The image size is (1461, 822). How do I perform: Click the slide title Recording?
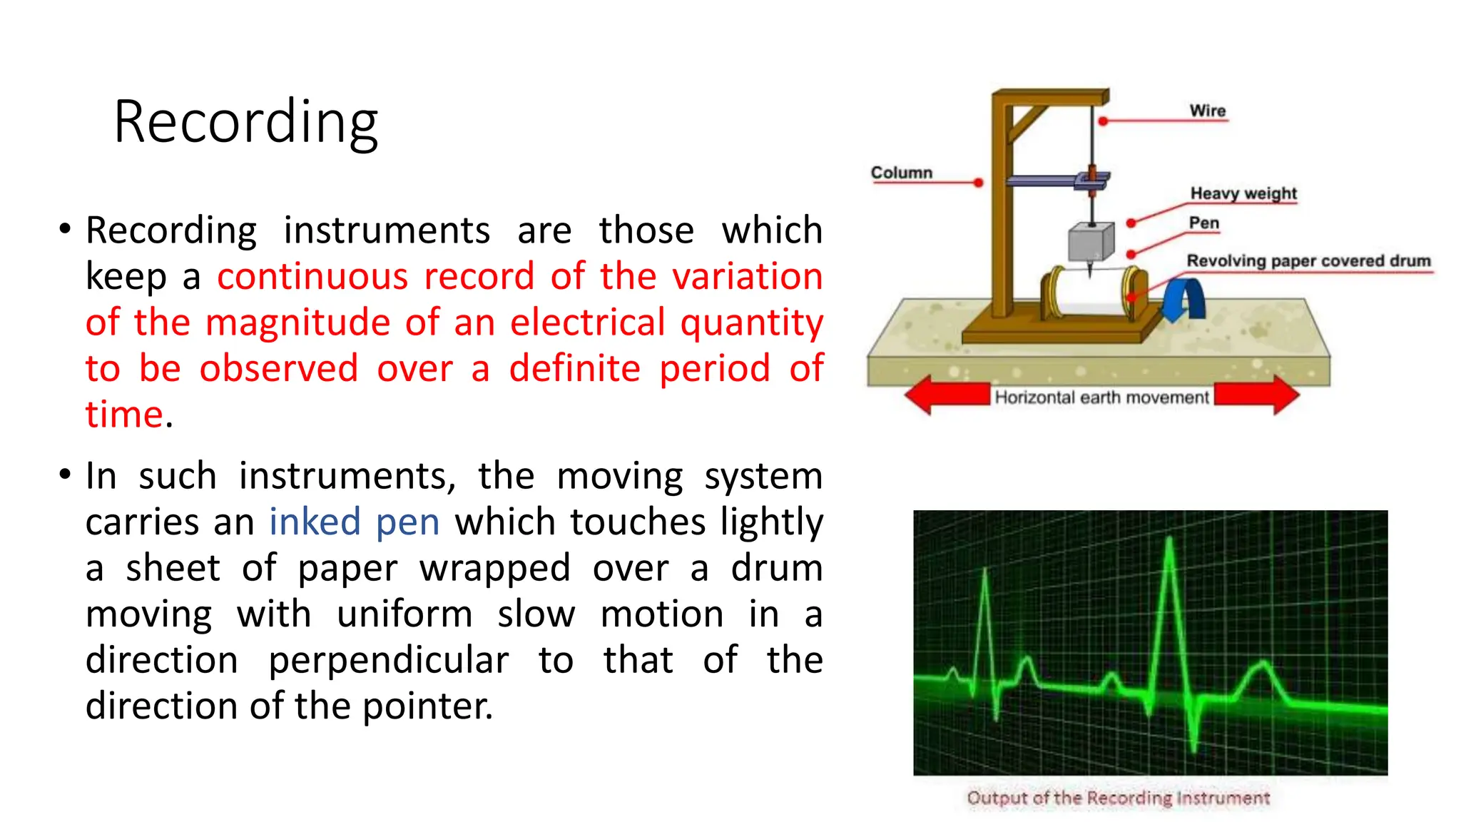click(245, 123)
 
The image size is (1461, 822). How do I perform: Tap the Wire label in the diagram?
click(1207, 111)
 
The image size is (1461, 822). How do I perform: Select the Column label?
click(901, 173)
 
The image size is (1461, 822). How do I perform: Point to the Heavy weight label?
click(1243, 193)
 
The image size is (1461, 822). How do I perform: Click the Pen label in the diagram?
click(1203, 223)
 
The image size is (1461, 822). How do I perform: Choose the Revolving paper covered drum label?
click(1308, 260)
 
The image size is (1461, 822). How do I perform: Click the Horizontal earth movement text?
click(1101, 397)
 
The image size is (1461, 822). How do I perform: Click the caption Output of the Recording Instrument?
click(1118, 798)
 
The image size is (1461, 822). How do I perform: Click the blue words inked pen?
click(354, 522)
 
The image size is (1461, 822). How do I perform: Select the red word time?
click(125, 415)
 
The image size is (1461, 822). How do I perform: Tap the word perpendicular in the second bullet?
click(388, 660)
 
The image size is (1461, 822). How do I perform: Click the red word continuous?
click(312, 276)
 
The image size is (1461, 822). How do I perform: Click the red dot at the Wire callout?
click(1103, 121)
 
